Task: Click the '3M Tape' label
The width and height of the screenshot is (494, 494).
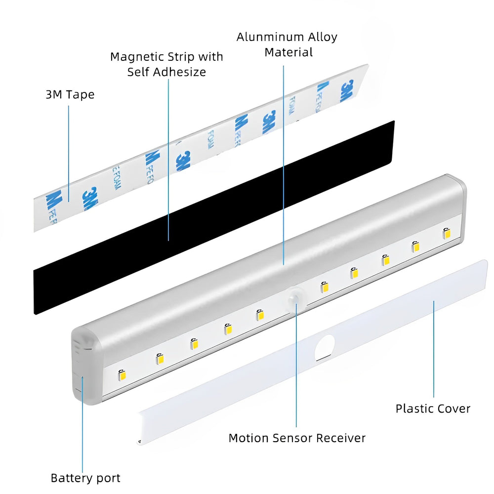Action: tap(70, 94)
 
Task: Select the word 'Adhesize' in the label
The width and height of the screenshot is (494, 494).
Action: tap(181, 72)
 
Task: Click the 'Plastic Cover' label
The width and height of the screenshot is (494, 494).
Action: tap(433, 409)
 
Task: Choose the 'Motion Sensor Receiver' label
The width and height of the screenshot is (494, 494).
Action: tap(297, 438)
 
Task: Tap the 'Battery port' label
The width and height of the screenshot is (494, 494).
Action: tap(85, 478)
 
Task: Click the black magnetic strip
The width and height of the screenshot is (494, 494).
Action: tap(212, 217)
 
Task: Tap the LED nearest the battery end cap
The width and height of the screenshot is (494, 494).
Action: tap(122, 375)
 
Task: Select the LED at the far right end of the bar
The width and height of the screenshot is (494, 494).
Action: tap(447, 233)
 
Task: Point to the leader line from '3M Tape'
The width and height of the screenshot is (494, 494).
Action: tap(68, 148)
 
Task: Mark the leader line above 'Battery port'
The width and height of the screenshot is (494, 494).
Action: tap(82, 425)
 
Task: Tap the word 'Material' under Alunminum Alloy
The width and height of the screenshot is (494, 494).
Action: tap(289, 52)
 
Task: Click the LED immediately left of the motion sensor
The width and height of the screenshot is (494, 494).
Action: tap(259, 315)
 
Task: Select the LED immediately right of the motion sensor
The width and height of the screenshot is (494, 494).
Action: tap(324, 287)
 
